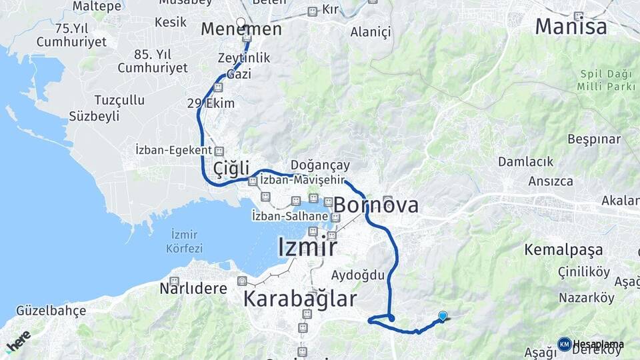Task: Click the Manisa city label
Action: [571, 27]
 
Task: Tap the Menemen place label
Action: [241, 30]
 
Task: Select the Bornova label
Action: [376, 205]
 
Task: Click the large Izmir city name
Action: [307, 247]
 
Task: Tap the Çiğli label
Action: [231, 169]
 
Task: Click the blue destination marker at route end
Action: [443, 316]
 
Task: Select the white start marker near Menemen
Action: [241, 22]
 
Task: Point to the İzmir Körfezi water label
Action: [186, 241]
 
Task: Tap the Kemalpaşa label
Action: [563, 250]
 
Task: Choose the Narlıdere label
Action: [193, 289]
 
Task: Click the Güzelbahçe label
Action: [51, 311]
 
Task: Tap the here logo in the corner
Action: [19, 340]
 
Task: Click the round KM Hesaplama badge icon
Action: [564, 344]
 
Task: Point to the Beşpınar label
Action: [593, 139]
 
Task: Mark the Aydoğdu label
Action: [358, 275]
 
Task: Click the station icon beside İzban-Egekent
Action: [219, 151]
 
